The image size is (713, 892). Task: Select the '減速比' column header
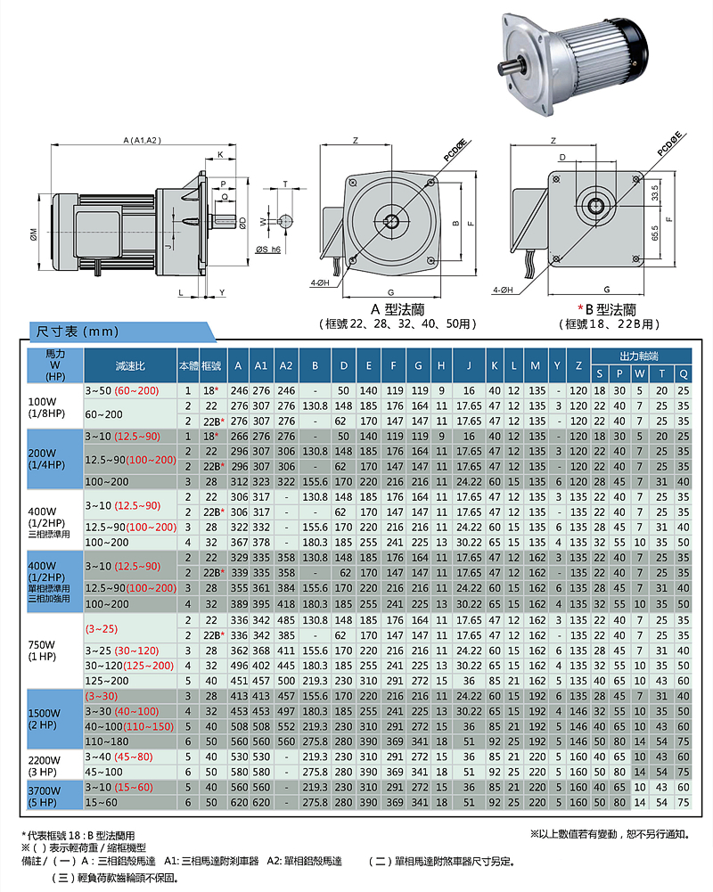[130, 365]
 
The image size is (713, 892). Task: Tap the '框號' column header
[211, 365]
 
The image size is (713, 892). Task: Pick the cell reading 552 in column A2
[286, 726]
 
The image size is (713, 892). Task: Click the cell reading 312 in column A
[238, 481]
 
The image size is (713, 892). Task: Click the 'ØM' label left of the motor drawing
[33, 233]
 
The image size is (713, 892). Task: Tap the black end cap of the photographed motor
[636, 49]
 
